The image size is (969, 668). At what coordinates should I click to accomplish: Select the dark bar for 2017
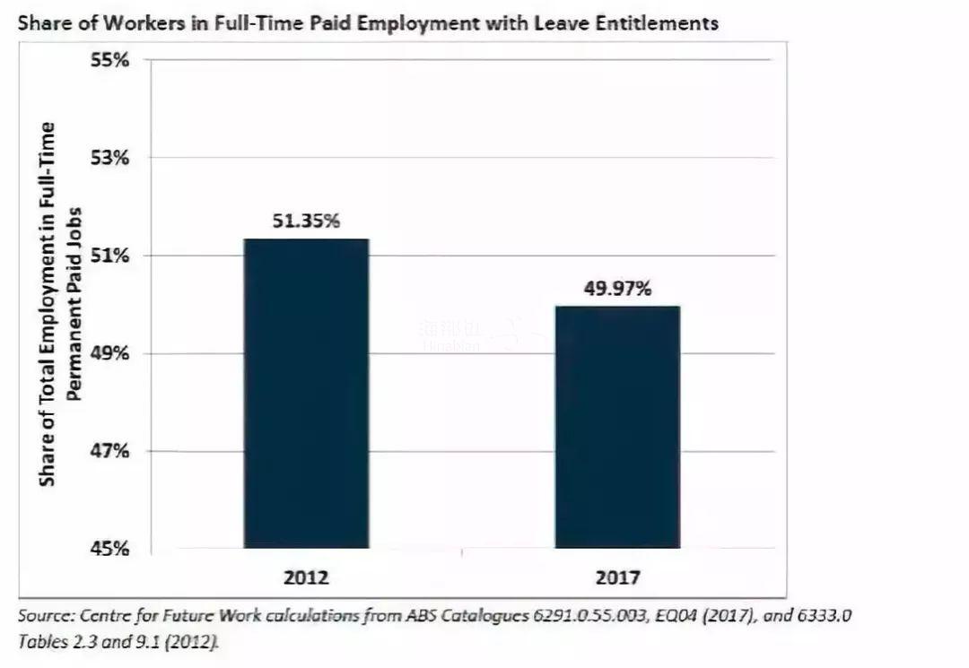(616, 426)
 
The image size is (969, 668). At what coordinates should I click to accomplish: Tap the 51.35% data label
(306, 221)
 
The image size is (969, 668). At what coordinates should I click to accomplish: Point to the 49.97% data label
(617, 289)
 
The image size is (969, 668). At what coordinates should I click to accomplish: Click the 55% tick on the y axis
(110, 60)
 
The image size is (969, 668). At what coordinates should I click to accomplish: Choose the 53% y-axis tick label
(110, 158)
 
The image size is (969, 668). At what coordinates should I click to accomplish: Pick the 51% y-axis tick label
(110, 256)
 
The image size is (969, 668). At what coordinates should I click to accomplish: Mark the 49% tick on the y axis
(110, 353)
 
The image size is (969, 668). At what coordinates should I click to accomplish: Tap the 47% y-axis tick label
(110, 451)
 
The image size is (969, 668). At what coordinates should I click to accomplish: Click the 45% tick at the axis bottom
(110, 549)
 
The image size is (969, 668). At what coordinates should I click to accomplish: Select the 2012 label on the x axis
(306, 576)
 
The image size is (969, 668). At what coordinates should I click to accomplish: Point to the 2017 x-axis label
(617, 576)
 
